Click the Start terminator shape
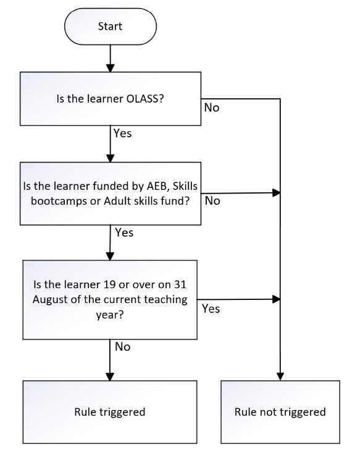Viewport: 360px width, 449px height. [111, 27]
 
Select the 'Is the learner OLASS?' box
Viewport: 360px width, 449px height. [111, 99]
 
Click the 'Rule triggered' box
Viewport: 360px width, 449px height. [110, 412]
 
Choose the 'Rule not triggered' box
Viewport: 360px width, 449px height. [280, 412]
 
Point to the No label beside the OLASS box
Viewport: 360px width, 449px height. [212, 108]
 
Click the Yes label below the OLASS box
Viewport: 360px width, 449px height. [122, 133]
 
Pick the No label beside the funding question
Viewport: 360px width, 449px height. [212, 201]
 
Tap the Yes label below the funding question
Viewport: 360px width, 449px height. [124, 233]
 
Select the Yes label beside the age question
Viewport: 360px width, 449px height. [211, 309]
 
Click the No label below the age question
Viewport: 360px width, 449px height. [123, 347]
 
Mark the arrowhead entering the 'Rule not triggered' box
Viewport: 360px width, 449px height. [280, 377]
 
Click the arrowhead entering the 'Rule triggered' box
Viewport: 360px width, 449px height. [110, 377]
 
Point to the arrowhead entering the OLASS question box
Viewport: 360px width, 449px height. [110, 68]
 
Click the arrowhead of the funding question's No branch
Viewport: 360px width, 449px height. [276, 193]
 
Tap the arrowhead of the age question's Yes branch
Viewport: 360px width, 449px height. [276, 299]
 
